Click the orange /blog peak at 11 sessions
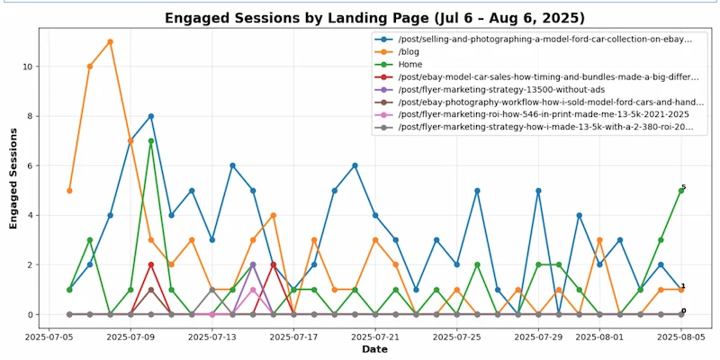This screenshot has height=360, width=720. tap(110, 41)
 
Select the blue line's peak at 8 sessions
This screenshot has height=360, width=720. tap(151, 116)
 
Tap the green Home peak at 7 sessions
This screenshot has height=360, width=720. tap(151, 140)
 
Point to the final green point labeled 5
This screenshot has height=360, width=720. tap(681, 191)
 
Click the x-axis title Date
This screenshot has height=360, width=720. tap(373, 349)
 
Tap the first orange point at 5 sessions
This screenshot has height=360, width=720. tap(69, 191)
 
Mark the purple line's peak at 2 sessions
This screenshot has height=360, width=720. tap(253, 265)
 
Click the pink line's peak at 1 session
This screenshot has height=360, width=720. tap(253, 290)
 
